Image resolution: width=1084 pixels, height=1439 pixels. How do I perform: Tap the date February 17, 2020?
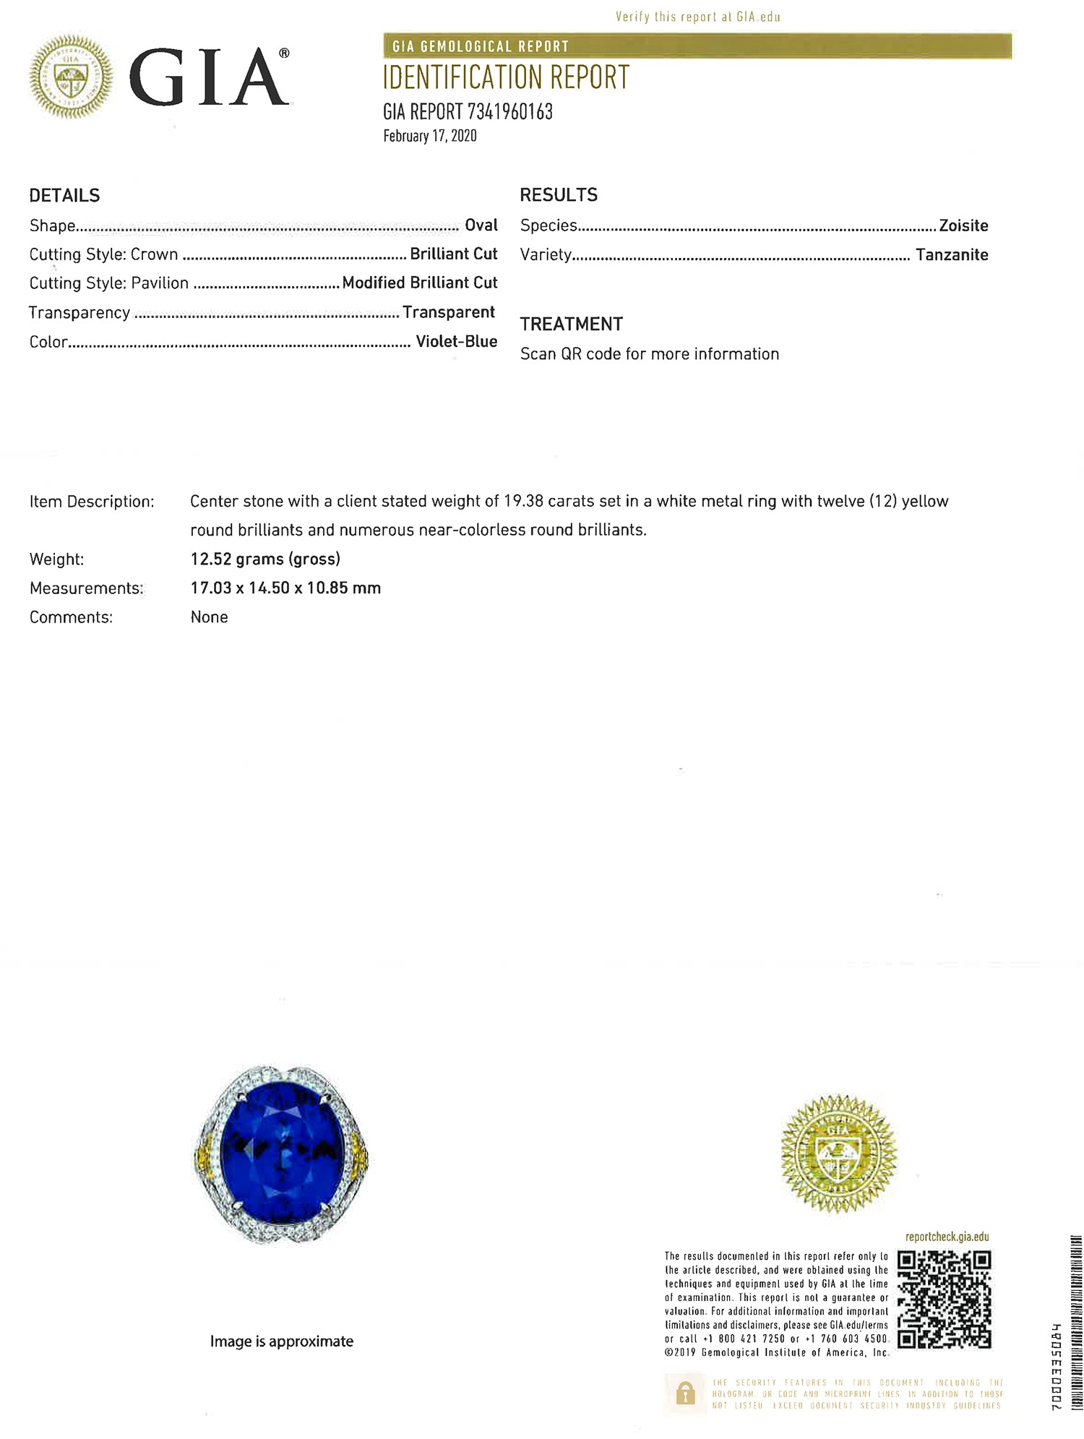pos(429,136)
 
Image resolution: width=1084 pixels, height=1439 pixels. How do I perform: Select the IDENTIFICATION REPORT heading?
pos(506,78)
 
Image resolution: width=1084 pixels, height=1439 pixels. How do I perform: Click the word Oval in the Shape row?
pos(481,225)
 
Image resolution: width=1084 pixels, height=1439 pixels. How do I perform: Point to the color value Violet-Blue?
pos(456,342)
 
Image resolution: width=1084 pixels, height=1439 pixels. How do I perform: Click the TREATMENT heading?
pos(571,325)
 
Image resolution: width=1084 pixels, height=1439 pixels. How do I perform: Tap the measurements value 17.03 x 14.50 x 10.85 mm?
pos(285,588)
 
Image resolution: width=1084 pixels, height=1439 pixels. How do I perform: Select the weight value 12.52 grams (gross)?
pos(265,559)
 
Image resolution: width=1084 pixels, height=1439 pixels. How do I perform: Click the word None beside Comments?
pos(209,617)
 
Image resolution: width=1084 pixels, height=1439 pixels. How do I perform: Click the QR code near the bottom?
pos(944,1300)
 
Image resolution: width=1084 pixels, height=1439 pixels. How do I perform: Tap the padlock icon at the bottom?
pos(685,1393)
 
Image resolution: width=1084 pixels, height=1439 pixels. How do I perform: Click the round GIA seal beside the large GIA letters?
pos(71,77)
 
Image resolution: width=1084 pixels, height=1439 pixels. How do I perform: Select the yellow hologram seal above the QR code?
pos(838,1154)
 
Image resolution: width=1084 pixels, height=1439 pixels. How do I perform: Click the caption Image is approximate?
pos(281,1341)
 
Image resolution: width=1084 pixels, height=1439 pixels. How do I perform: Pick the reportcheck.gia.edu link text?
pos(947,1237)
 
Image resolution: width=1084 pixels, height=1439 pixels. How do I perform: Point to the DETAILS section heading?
pos(64,196)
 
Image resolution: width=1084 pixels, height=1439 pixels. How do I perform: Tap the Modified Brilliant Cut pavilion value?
pos(419,283)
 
